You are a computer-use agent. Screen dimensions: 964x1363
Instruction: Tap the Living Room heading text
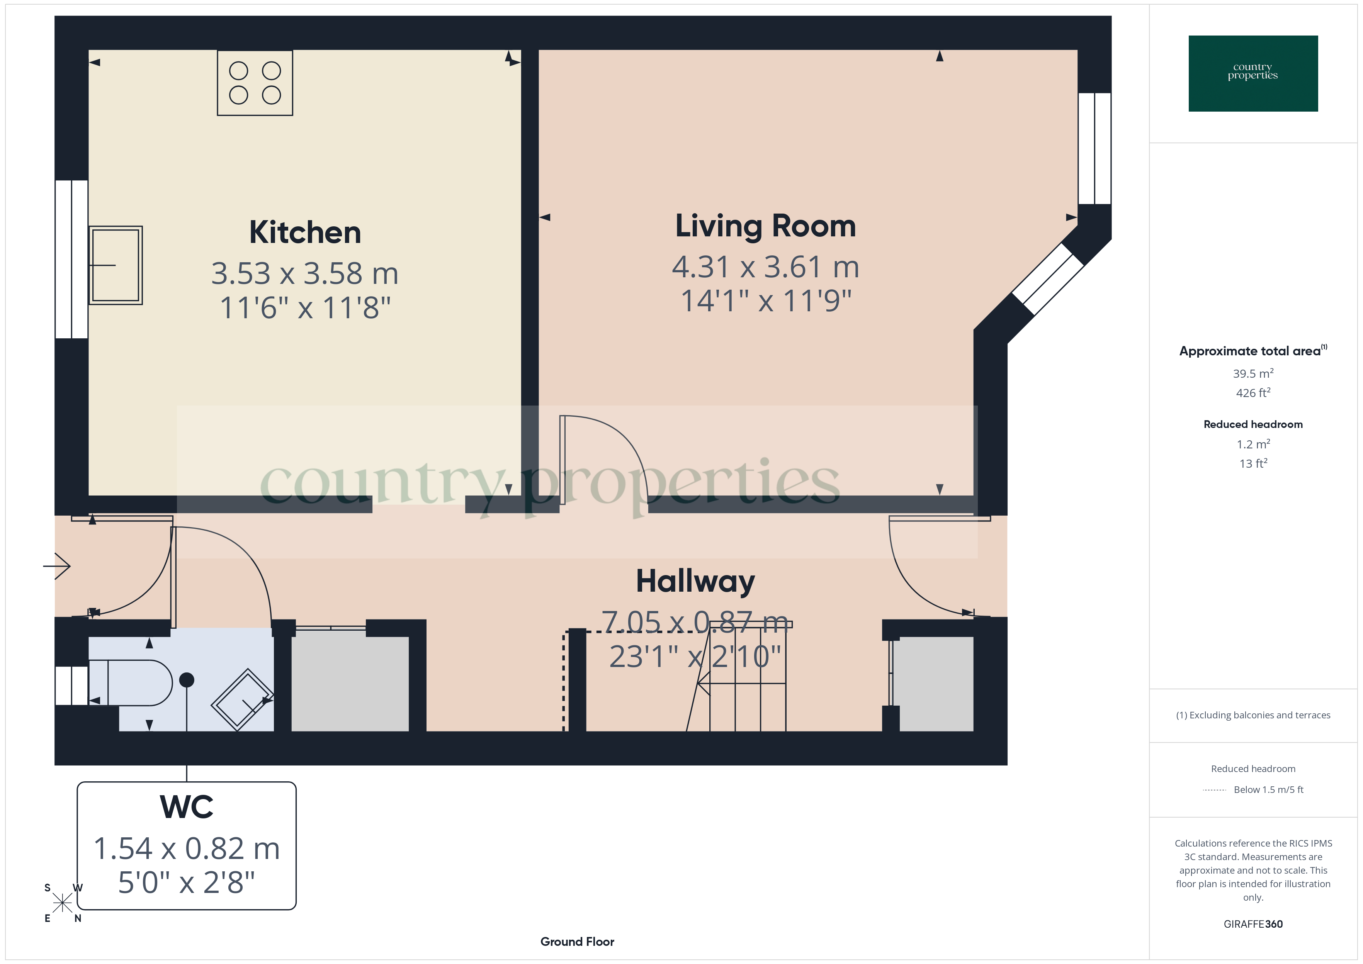coord(765,226)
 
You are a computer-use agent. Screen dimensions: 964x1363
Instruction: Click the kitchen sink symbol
coord(116,265)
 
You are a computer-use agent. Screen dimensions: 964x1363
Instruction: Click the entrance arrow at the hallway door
coord(58,566)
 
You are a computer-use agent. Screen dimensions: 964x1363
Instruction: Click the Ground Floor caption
coord(577,942)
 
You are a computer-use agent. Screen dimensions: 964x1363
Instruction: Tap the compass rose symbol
coord(62,903)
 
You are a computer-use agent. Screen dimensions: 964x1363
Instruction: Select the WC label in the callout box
coord(186,807)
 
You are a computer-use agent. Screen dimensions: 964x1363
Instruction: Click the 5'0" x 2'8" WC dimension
coord(186,883)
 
